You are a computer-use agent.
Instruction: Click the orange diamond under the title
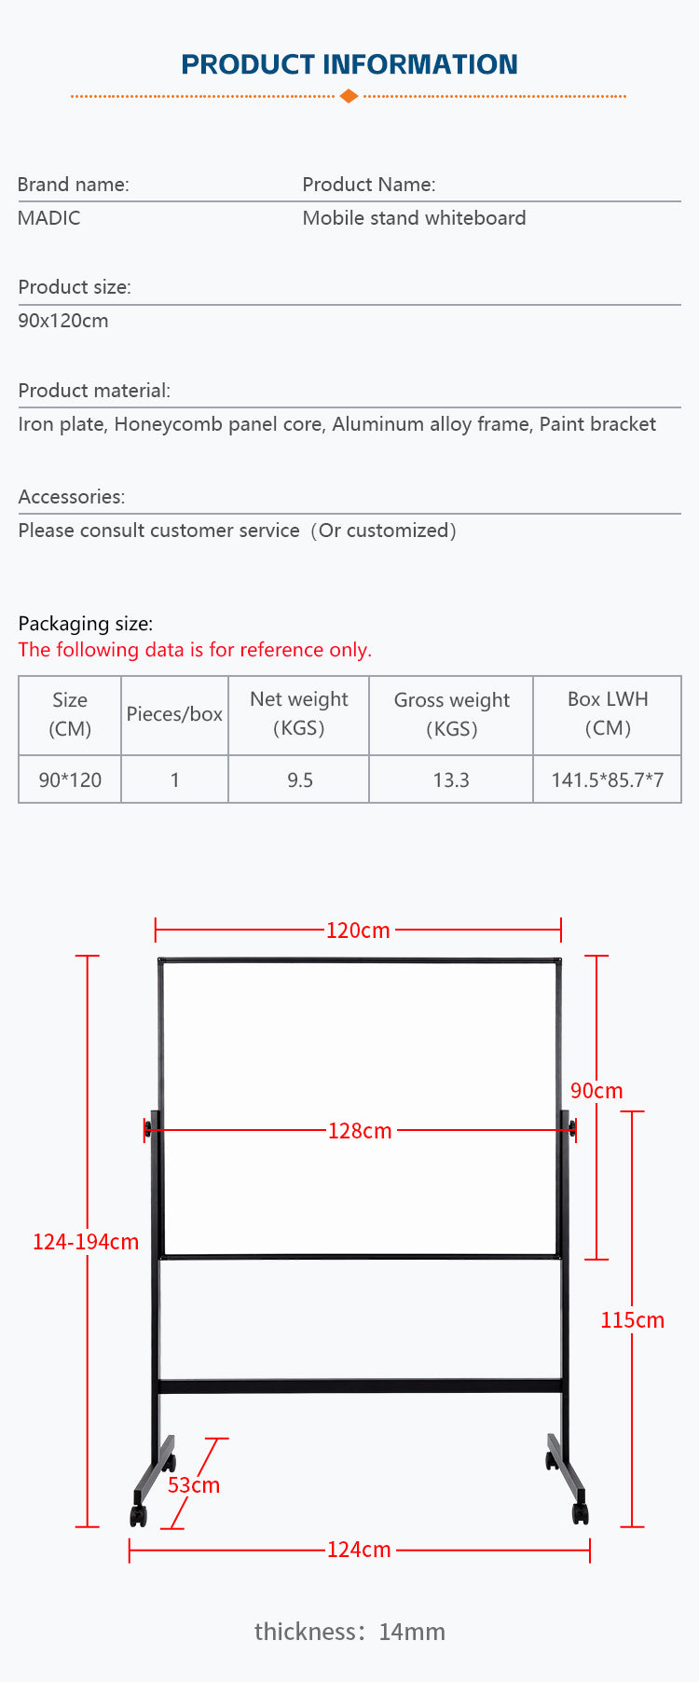(349, 96)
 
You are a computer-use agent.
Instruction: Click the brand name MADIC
(49, 218)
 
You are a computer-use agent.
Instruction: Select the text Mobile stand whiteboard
(414, 218)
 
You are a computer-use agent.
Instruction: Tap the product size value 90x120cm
(63, 321)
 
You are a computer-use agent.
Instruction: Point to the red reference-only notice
(195, 650)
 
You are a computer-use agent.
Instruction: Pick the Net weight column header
(298, 713)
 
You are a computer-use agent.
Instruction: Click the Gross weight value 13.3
(451, 779)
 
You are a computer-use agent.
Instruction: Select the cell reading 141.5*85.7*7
(607, 779)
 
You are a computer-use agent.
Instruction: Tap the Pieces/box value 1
(174, 779)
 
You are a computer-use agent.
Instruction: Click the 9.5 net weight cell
(299, 779)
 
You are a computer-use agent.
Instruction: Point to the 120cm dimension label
(358, 931)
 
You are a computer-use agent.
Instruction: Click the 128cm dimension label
(360, 1131)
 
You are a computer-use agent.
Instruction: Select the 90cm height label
(596, 1091)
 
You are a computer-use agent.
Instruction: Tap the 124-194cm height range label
(86, 1242)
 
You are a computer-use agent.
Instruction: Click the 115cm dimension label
(632, 1320)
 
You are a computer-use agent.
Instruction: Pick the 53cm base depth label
(194, 1485)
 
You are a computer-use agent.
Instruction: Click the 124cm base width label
(359, 1550)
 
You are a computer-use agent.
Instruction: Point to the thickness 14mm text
(349, 1632)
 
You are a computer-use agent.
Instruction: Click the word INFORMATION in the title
(419, 64)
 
